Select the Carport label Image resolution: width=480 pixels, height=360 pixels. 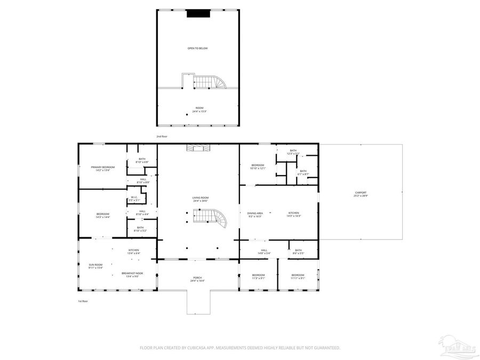pyautogui.click(x=361, y=194)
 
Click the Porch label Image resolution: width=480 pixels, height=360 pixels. pyautogui.click(x=198, y=278)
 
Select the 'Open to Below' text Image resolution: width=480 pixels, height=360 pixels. pyautogui.click(x=197, y=49)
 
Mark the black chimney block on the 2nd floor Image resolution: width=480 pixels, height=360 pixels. pyautogui.click(x=198, y=14)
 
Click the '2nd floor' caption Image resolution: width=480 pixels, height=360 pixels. pyautogui.click(x=162, y=137)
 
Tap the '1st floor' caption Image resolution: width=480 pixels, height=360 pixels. pyautogui.click(x=83, y=301)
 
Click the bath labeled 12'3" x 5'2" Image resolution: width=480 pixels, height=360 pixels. pyautogui.click(x=293, y=152)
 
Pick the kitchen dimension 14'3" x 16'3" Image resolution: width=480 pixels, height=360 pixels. pyautogui.click(x=294, y=216)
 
